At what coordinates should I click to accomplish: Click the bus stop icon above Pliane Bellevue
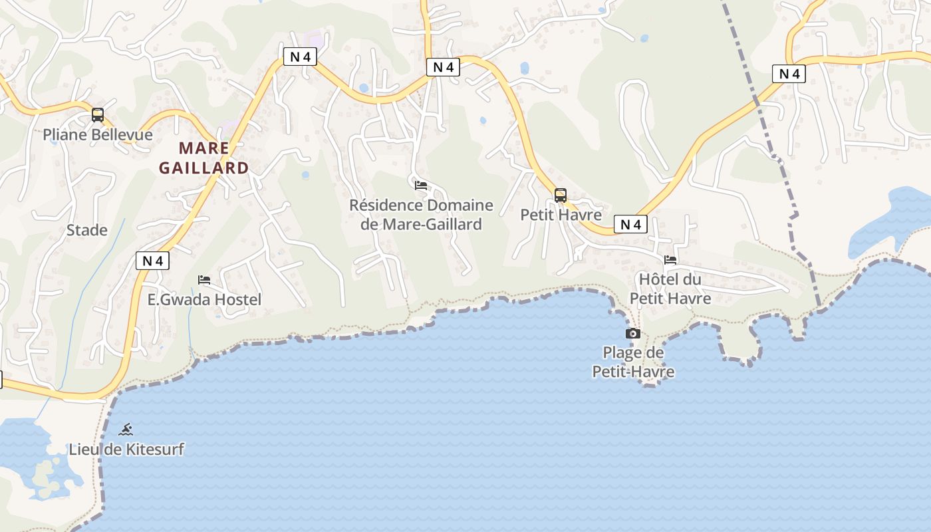[98, 115]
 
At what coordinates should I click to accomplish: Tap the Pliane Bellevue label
[98, 135]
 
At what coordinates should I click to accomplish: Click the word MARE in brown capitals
[204, 148]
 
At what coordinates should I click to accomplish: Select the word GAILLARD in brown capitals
[204, 168]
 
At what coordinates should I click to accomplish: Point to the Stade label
[87, 231]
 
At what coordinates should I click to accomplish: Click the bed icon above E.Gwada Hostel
[204, 280]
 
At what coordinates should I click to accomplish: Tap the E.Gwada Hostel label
[204, 300]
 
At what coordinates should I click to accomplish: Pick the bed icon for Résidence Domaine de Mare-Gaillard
[420, 186]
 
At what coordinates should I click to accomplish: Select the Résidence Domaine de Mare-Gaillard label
[421, 215]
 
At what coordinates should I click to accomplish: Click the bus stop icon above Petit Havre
[561, 195]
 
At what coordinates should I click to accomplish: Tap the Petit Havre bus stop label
[561, 215]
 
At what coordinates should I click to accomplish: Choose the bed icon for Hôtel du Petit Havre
[670, 259]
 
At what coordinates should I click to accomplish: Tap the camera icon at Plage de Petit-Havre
[633, 333]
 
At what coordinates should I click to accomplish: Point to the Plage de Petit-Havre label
[633, 362]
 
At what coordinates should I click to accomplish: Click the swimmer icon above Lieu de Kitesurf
[126, 429]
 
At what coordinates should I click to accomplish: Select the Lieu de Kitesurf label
[126, 450]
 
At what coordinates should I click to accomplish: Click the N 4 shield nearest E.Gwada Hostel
[153, 261]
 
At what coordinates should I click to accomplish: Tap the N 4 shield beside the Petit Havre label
[630, 225]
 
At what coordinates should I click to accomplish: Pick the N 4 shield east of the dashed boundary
[789, 74]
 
